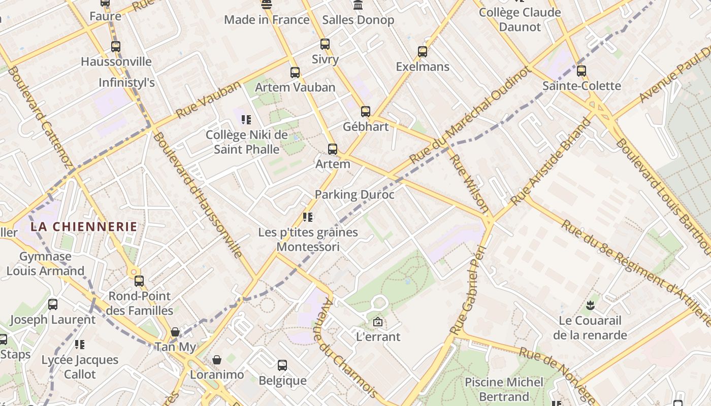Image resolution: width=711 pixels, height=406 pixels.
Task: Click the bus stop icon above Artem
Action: click(x=333, y=149)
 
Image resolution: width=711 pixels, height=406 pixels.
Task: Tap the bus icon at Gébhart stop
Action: click(x=366, y=112)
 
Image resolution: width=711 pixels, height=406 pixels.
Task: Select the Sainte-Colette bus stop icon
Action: click(x=581, y=71)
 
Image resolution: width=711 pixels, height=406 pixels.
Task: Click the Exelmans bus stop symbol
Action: click(x=423, y=52)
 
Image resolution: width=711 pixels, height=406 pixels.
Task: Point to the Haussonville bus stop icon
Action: click(x=116, y=47)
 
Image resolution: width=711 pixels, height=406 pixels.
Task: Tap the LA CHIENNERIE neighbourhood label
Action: click(x=84, y=226)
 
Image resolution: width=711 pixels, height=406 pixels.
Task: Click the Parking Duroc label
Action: click(x=354, y=194)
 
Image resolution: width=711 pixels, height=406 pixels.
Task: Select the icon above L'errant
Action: click(x=378, y=322)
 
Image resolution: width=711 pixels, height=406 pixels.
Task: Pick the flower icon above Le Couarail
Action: click(x=590, y=306)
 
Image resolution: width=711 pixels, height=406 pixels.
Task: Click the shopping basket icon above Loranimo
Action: click(x=217, y=360)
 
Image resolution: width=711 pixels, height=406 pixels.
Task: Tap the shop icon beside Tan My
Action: click(x=175, y=332)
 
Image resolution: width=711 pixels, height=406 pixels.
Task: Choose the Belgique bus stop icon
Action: click(x=282, y=365)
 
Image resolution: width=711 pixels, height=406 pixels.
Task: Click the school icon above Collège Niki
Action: click(x=246, y=120)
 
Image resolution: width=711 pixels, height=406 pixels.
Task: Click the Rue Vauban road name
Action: click(x=208, y=100)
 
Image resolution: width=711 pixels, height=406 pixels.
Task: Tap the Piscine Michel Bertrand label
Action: click(x=504, y=389)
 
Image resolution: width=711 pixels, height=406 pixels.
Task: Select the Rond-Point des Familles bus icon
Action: click(x=139, y=281)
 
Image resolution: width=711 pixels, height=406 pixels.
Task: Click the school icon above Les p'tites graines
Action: click(x=308, y=217)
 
